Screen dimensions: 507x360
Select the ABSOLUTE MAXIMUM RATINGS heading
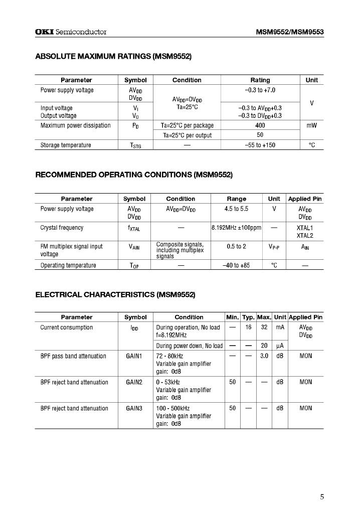point(113,57)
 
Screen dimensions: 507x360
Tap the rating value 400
point(260,125)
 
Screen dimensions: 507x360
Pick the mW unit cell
point(311,125)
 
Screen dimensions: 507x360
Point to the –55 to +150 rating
point(260,145)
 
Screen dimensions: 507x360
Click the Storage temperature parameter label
point(66,145)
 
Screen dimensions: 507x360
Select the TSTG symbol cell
point(135,145)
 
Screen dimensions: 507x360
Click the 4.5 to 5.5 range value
point(236,209)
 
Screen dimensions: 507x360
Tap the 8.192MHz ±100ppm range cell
point(236,228)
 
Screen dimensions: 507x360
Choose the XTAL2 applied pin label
point(304,235)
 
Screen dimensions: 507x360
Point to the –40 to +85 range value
point(236,265)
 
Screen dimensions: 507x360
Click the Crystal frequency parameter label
point(62,228)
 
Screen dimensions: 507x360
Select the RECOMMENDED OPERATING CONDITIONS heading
point(134,175)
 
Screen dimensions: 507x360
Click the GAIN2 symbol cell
point(134,382)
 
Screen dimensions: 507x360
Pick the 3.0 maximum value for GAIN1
point(264,356)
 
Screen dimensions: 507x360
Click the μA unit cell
point(280,346)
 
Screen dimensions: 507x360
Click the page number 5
point(322,497)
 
